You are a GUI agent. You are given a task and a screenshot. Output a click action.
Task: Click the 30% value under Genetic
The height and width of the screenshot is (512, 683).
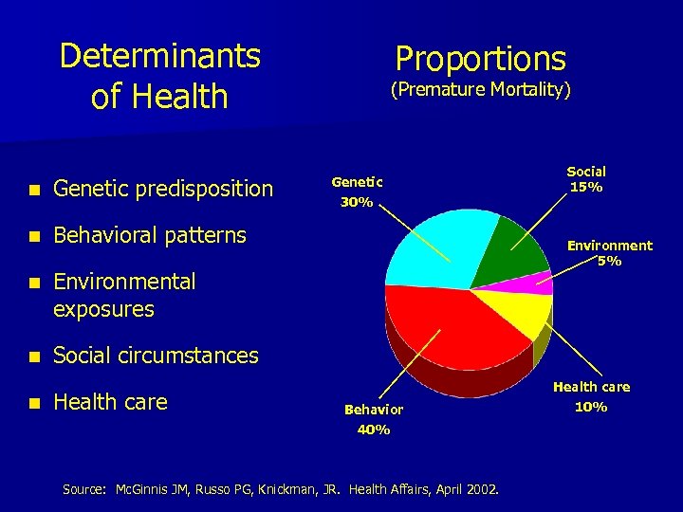click(x=357, y=202)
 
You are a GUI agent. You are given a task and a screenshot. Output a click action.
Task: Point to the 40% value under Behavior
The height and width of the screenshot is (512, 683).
click(x=373, y=430)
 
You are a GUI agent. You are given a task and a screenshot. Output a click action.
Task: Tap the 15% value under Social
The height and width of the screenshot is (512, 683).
click(x=586, y=187)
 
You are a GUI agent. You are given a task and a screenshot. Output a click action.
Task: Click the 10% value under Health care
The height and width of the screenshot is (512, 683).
click(x=591, y=408)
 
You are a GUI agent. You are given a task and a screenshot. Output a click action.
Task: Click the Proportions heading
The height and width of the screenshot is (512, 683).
click(x=480, y=59)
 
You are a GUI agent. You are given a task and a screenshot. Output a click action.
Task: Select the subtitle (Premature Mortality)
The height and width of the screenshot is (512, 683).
click(x=480, y=90)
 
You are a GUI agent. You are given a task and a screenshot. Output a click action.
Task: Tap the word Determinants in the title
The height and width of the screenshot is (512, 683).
click(x=159, y=56)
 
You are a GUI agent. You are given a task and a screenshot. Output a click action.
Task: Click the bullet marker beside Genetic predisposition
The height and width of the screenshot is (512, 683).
click(x=33, y=190)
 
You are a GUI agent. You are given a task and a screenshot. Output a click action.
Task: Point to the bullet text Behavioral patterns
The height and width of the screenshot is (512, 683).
click(x=150, y=234)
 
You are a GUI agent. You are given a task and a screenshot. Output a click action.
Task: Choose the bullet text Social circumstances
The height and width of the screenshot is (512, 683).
click(x=156, y=356)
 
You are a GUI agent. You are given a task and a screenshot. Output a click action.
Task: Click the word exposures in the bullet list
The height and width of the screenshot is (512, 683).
click(x=103, y=309)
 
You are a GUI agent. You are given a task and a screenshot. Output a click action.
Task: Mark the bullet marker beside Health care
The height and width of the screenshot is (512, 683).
click(x=33, y=403)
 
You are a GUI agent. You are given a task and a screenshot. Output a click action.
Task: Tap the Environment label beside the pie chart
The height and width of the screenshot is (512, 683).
click(x=609, y=246)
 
